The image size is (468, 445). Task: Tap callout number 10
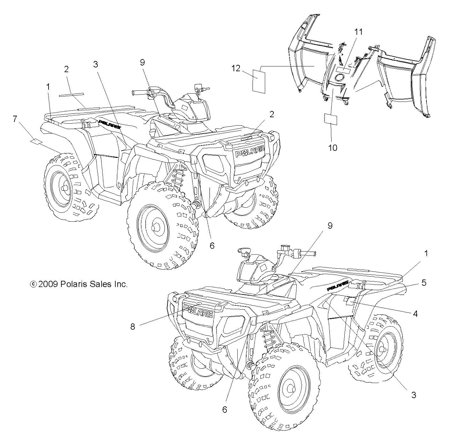pos(333,148)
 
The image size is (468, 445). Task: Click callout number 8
pos(133,326)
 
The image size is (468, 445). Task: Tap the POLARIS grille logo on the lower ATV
pos(198,311)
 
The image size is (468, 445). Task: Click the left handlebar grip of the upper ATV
pos(139,93)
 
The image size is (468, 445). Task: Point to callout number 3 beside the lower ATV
pos(413,395)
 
